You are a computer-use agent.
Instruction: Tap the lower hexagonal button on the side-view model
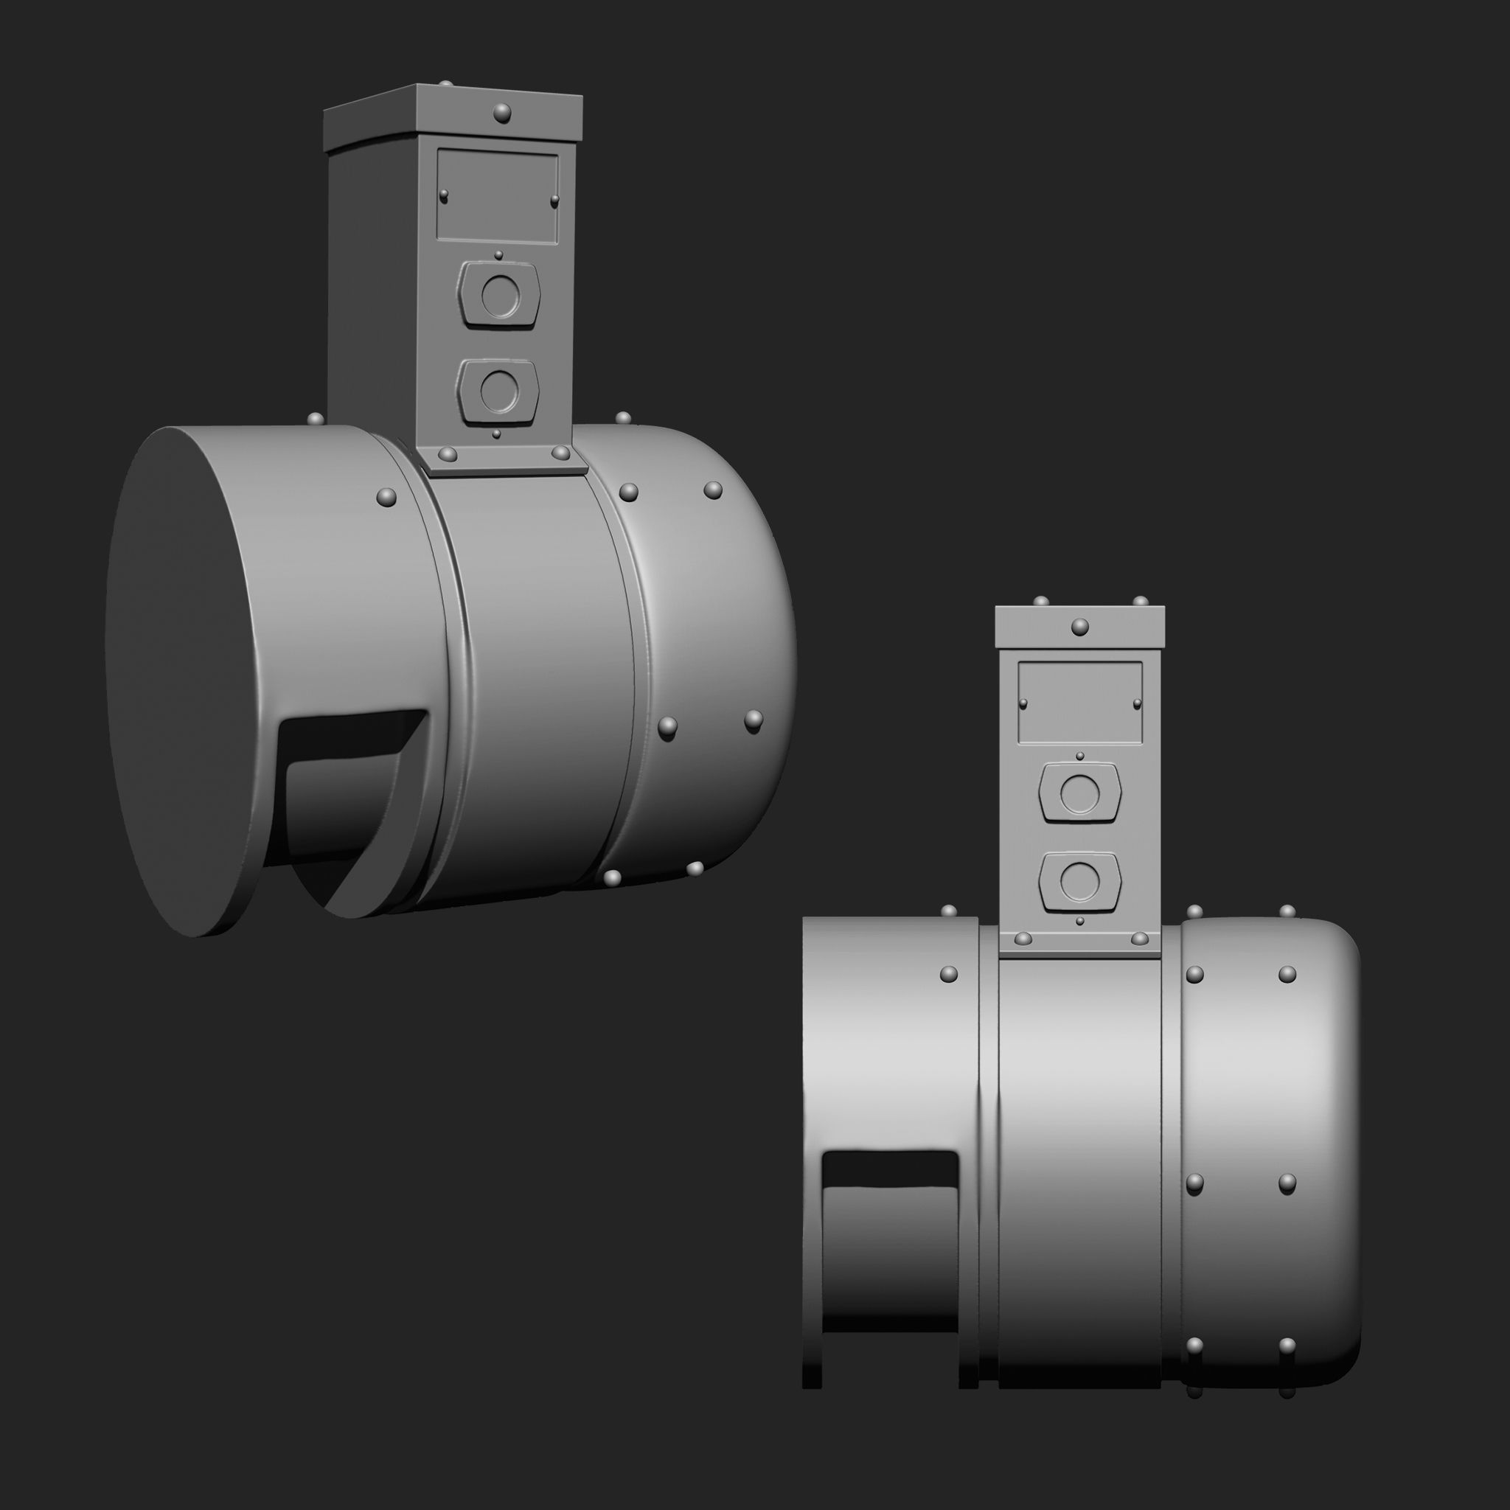[x=1080, y=880]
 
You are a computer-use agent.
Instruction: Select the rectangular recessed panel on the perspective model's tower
[x=497, y=195]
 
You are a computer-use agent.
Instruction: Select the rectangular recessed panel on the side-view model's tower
[x=1080, y=702]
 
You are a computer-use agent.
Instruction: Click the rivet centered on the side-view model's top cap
[x=1079, y=626]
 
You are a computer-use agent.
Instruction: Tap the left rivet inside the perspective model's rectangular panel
[x=444, y=195]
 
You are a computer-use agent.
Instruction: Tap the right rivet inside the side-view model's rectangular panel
[x=1137, y=704]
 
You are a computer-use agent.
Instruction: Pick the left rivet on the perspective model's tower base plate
[x=447, y=454]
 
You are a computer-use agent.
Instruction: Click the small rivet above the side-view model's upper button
[x=1080, y=756]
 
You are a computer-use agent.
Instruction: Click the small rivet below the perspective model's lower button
[x=496, y=433]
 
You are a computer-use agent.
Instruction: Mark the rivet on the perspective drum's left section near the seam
[x=386, y=497]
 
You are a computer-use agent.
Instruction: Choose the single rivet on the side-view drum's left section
[x=948, y=974]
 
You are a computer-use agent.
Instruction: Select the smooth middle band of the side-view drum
[x=1080, y=1172]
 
